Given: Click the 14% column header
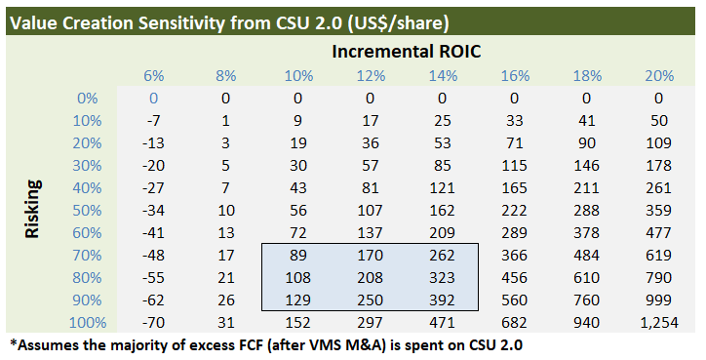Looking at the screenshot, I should tap(442, 76).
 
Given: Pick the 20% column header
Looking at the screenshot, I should tap(658, 76).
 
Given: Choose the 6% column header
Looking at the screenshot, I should tap(153, 76).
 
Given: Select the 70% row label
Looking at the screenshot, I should tap(86, 254).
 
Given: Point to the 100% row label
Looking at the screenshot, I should tap(82, 321).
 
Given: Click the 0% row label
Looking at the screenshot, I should tap(90, 98).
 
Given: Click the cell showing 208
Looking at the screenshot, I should tap(371, 276).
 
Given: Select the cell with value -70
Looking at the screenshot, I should tap(153, 321).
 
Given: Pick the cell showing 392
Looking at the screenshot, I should tap(442, 299).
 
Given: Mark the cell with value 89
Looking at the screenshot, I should tap(298, 254).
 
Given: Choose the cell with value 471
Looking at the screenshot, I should tap(442, 321).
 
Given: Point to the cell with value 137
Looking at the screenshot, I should tap(371, 232).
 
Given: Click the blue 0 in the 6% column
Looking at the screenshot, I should tap(153, 98).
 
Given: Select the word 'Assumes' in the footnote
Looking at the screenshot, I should tap(46, 344).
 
